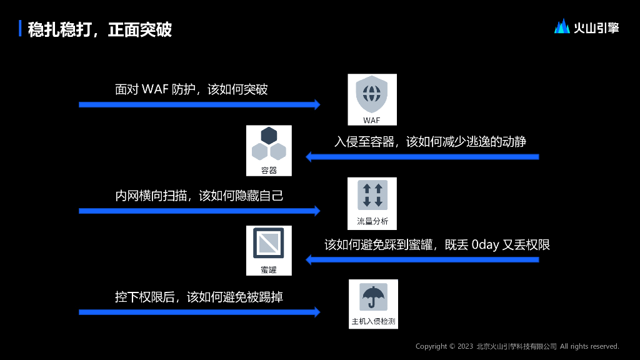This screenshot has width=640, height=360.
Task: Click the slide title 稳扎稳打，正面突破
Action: [100, 29]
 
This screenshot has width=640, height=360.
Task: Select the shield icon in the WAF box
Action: [372, 94]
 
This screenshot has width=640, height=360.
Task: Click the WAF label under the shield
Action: [372, 119]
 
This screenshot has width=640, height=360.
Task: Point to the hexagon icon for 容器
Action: [269, 144]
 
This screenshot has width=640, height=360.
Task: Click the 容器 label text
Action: [269, 170]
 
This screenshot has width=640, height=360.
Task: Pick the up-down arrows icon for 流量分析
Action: [372, 195]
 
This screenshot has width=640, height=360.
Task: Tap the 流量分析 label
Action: [372, 221]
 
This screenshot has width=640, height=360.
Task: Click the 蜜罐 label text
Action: [269, 270]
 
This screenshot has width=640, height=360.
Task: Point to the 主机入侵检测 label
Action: [373, 322]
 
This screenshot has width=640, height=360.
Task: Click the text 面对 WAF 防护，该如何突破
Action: [191, 89]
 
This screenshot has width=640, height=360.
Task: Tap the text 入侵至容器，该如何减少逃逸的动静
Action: [430, 142]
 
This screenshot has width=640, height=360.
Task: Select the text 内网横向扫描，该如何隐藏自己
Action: [199, 196]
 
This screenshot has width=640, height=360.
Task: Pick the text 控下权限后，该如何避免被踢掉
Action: [199, 297]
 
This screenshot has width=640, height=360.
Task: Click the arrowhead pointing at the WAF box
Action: [316, 104]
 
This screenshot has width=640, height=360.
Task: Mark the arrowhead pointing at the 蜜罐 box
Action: [309, 259]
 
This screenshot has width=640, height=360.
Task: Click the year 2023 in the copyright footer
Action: [465, 346]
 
